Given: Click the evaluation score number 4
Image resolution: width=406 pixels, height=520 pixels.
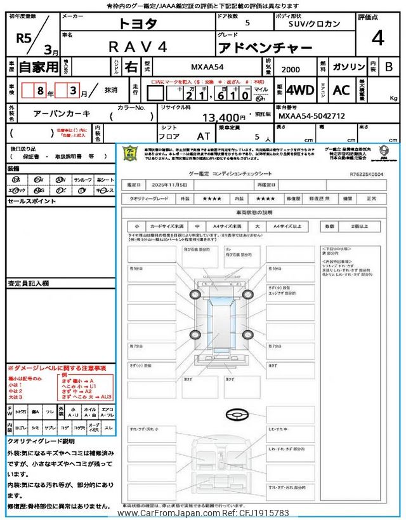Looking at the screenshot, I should click(x=378, y=39).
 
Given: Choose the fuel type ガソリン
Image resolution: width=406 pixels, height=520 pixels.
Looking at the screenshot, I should click(x=348, y=66).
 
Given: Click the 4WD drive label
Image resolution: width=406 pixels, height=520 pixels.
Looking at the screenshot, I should click(x=300, y=90).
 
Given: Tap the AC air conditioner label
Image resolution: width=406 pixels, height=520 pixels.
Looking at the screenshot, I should click(x=341, y=90).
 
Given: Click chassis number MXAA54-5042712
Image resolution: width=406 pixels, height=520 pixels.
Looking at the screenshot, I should click(x=312, y=117).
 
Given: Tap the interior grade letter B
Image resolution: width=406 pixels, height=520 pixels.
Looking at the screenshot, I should click(x=390, y=66).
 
